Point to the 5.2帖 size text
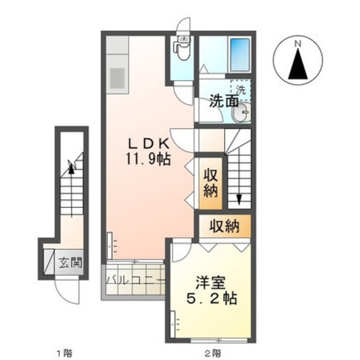click(x=211, y=299)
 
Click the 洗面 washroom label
click(x=224, y=101)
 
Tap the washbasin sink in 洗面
click(x=242, y=113)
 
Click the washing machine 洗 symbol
click(x=240, y=89)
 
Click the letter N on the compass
click(x=298, y=44)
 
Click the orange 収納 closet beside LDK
click(x=211, y=183)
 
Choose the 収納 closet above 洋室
click(x=223, y=226)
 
